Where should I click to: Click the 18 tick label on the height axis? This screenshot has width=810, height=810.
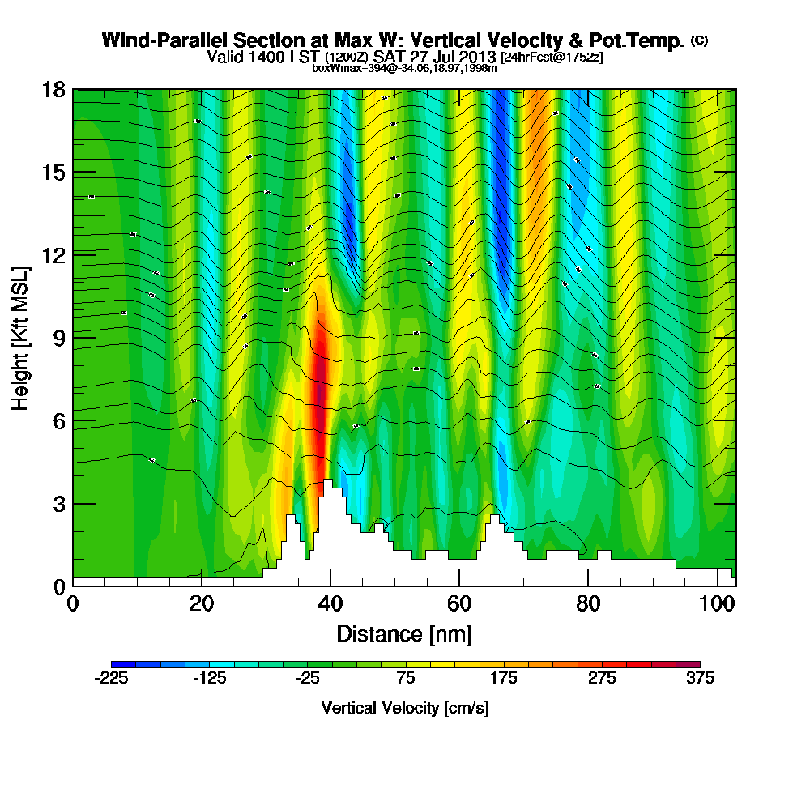pos(54,89)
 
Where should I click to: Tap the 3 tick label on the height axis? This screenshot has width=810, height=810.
pos(59,504)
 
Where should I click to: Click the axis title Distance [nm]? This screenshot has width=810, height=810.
pos(404,633)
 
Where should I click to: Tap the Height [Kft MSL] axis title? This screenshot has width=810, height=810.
pos(21,337)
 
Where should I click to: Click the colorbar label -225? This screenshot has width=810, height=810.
pos(111,679)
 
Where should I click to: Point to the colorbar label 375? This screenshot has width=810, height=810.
pos(699,679)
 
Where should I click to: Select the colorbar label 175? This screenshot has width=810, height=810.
pos(503,679)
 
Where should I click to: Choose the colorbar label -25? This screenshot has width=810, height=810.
pos(307,679)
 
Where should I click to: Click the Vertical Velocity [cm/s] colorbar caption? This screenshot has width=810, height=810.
pos(405,708)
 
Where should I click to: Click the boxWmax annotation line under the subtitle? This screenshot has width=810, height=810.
pos(404,68)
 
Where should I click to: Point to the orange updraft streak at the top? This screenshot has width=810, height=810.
pos(535,122)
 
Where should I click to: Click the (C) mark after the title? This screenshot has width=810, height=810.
pos(700,40)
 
